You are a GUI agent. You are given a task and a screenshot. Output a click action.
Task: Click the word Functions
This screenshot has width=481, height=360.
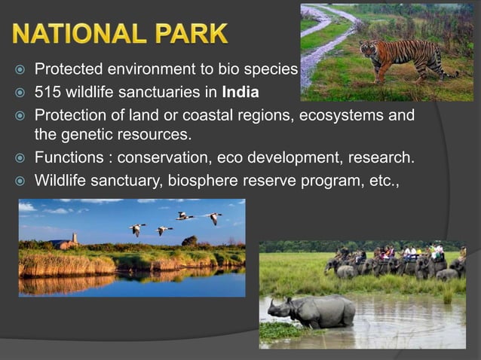[x=69, y=158]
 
